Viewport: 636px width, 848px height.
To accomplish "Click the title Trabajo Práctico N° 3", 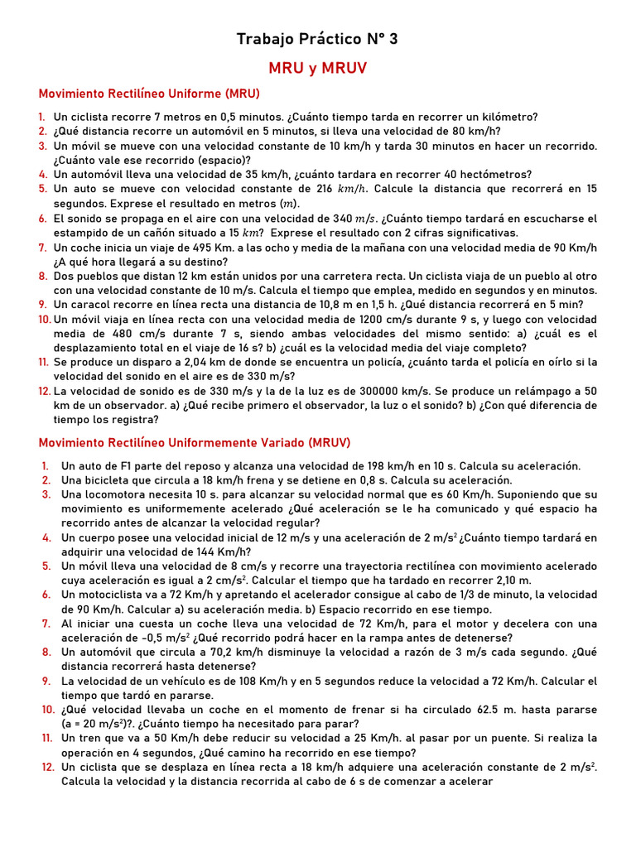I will coord(317,39).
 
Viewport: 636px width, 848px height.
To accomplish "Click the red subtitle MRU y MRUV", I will coord(317,68).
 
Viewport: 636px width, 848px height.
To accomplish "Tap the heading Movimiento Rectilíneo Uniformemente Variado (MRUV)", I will coord(195,442).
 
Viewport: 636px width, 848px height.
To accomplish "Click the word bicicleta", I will coord(112,480).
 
